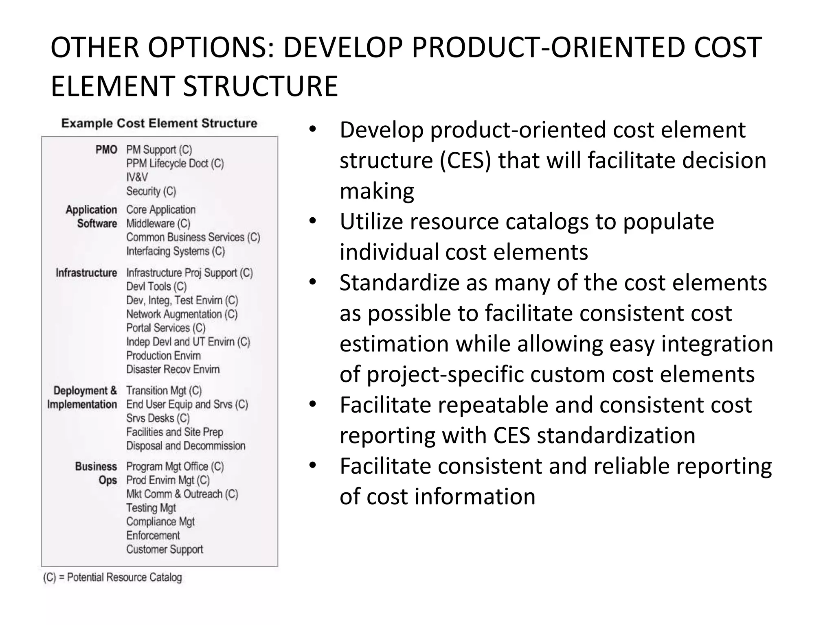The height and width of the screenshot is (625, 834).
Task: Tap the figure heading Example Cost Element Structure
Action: click(159, 123)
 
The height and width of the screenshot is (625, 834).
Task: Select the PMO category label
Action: click(106, 150)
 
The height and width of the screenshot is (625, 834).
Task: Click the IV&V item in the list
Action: click(137, 177)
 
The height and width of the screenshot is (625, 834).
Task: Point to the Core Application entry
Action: click(161, 210)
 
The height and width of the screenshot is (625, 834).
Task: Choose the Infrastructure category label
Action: click(86, 273)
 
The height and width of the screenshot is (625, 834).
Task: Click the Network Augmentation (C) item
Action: click(182, 314)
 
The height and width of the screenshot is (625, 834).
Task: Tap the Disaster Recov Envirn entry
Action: click(173, 369)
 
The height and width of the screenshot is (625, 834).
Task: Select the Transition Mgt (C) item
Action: click(164, 391)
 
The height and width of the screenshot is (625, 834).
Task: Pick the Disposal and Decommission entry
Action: click(186, 446)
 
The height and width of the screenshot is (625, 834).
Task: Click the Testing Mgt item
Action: click(151, 508)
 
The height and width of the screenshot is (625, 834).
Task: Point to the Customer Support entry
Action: click(165, 549)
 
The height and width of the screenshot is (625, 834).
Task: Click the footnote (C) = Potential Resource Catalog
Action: click(112, 577)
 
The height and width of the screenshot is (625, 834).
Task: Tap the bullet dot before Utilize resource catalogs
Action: click(312, 221)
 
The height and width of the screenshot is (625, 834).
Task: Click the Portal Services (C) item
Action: click(166, 328)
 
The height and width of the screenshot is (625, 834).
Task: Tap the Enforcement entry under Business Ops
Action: click(153, 535)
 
